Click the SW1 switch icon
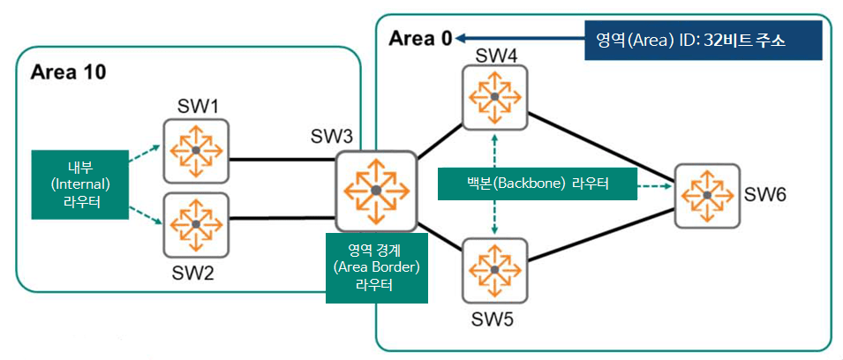195,151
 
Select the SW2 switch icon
195,224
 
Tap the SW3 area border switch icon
376,190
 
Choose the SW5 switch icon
494,268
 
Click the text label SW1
196,107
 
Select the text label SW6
764,193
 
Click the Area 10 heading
68,72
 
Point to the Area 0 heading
420,39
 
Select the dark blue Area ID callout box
703,41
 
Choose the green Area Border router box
377,267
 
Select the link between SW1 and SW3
282,161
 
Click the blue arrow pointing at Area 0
521,37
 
